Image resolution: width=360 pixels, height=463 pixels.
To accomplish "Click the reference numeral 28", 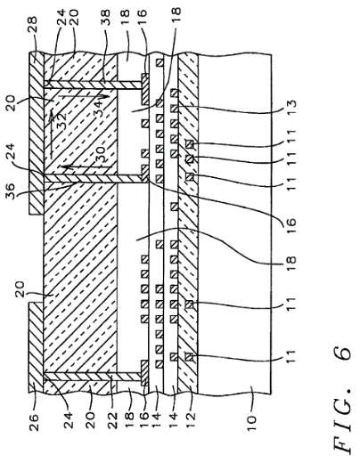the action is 32,24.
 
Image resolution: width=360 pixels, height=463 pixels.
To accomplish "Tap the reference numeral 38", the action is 105,17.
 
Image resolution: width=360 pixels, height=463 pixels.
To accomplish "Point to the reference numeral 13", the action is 291,103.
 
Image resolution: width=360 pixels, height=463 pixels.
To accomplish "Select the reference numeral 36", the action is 12,192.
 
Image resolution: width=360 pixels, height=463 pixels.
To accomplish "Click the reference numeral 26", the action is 33,422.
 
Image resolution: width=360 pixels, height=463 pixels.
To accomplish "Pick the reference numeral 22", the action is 112,421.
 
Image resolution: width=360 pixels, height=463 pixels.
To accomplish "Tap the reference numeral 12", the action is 191,420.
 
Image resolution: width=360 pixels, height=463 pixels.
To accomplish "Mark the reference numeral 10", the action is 251,423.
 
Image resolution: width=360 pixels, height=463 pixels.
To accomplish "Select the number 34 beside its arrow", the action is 99,109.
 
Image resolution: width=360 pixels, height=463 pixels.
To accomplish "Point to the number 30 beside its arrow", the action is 102,155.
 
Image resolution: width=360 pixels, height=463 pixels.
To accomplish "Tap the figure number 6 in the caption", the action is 341,355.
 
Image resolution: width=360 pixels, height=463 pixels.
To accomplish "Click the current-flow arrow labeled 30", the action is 87,168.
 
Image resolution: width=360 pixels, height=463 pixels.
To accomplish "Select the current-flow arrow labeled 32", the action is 52,134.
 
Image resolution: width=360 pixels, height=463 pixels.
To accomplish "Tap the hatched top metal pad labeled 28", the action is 37,133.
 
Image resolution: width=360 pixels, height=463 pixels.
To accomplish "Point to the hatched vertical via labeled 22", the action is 92,377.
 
